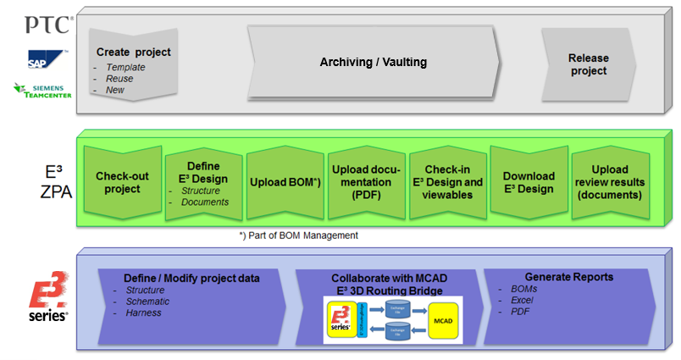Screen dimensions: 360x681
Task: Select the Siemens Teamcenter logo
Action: click(x=38, y=90)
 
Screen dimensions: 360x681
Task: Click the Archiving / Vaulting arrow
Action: click(x=373, y=63)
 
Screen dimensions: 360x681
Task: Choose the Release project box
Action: click(x=588, y=64)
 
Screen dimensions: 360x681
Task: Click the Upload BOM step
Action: click(x=285, y=182)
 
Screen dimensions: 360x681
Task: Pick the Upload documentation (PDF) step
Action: click(x=367, y=182)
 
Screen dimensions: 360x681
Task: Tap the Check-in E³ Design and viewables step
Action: click(x=448, y=182)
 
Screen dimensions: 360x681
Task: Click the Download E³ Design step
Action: click(x=529, y=182)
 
